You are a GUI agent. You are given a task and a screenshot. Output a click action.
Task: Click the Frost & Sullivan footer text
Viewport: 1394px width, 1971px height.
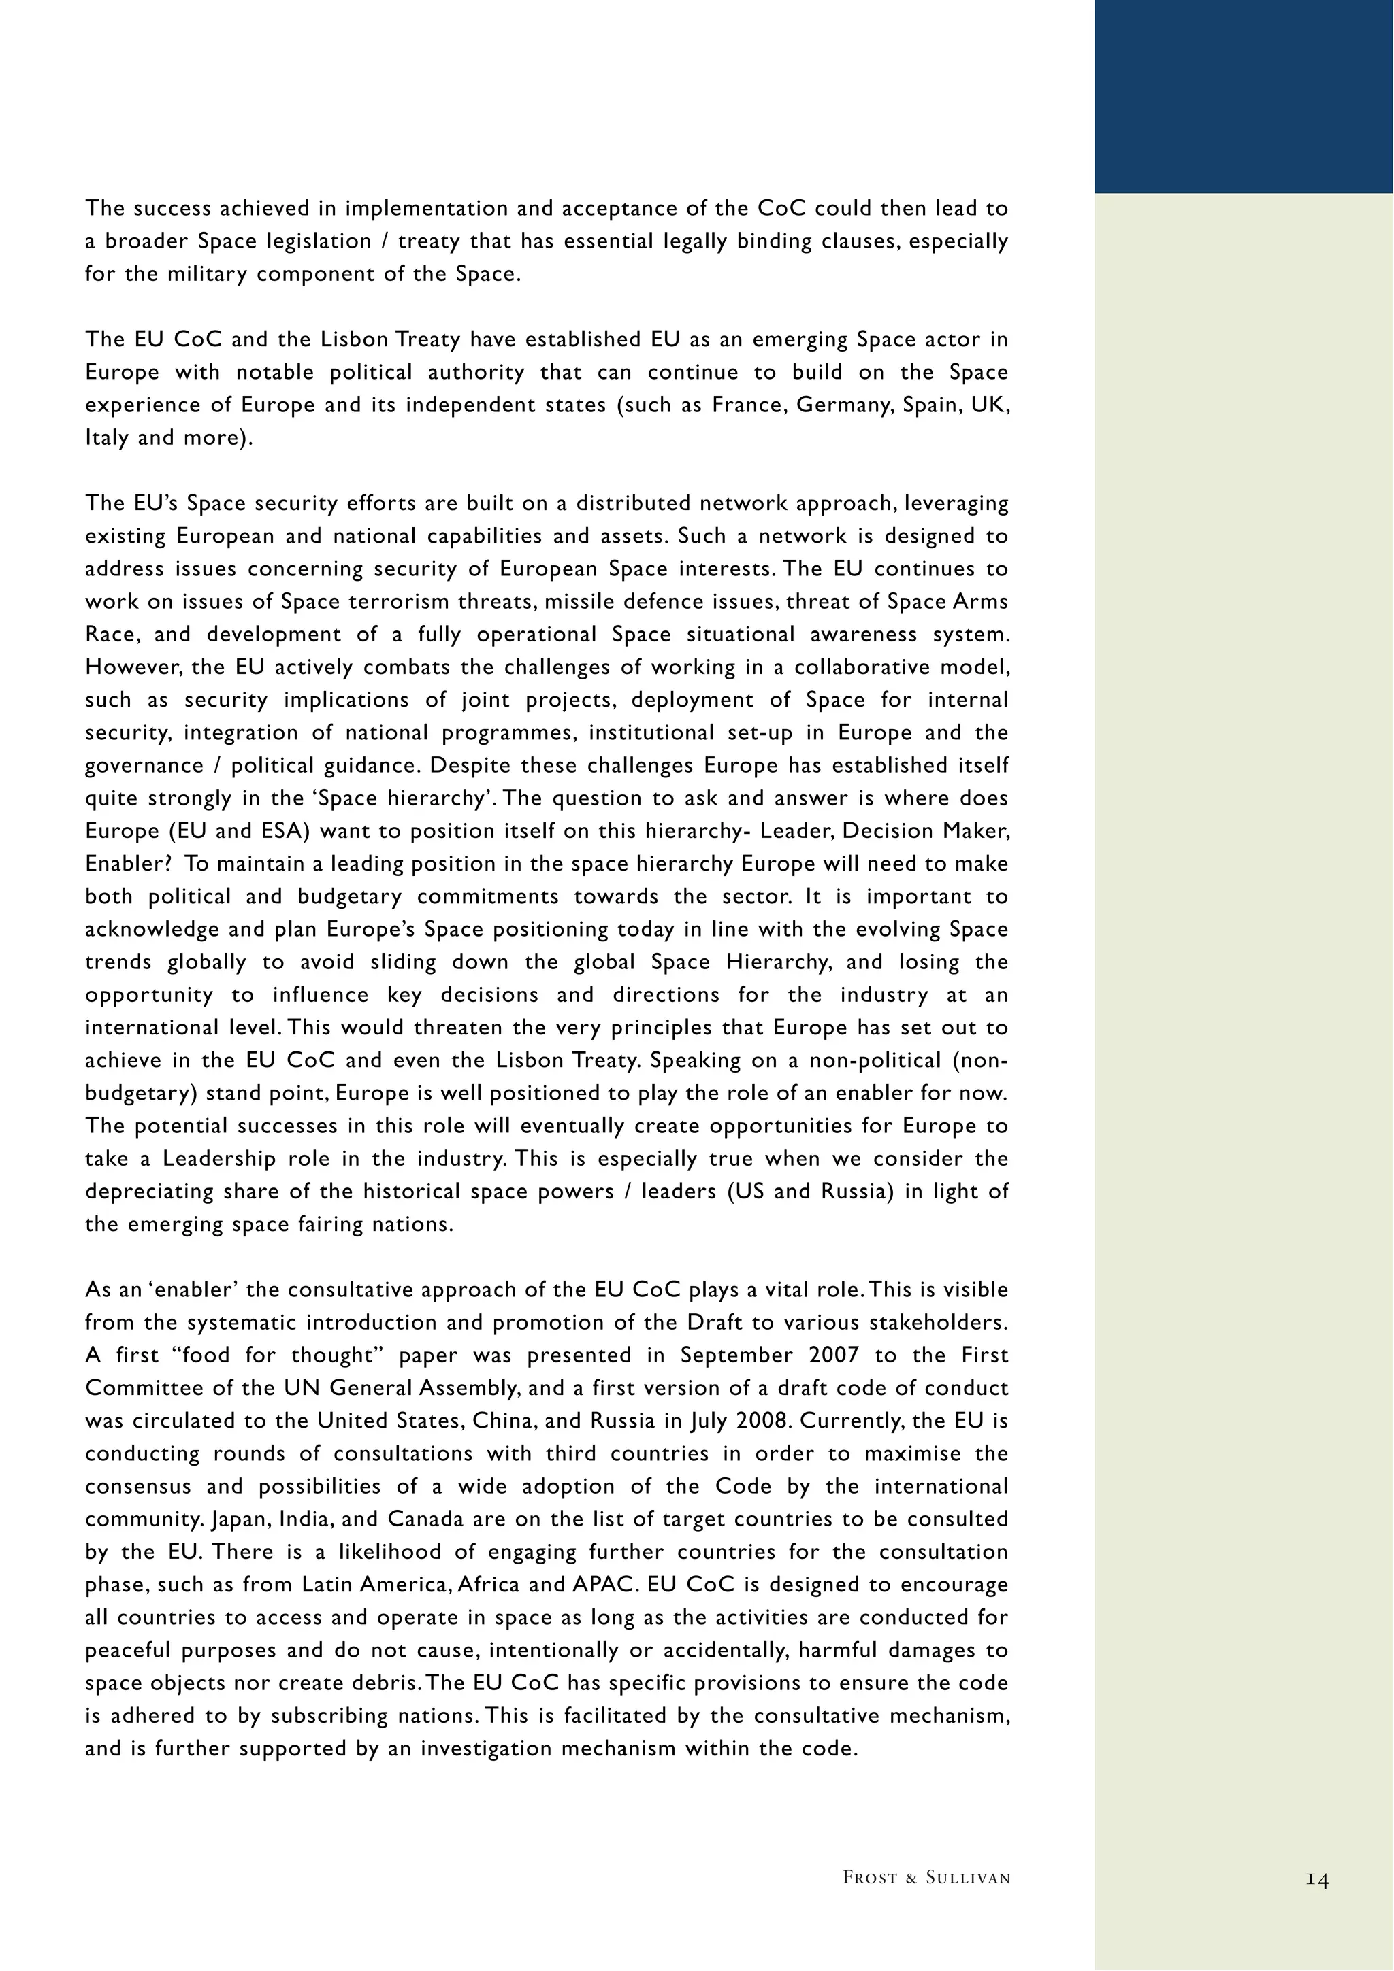click(926, 1877)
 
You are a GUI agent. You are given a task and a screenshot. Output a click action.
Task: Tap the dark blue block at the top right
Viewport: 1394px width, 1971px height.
click(1244, 96)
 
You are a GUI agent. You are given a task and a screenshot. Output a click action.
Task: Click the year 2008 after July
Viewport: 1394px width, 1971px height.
click(762, 1421)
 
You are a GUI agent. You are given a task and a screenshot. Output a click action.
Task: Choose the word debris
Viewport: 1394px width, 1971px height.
click(387, 1683)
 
